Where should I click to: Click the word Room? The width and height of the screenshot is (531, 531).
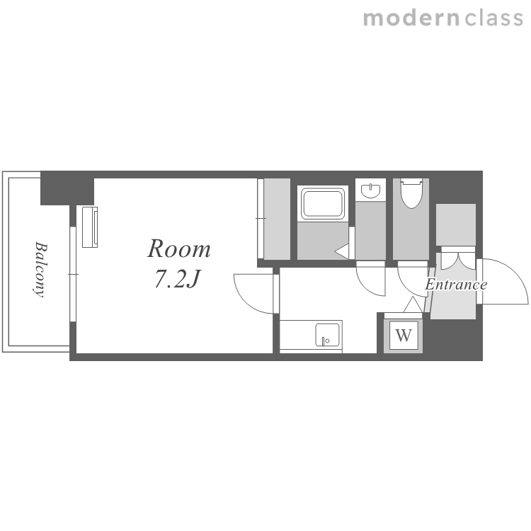point(179,249)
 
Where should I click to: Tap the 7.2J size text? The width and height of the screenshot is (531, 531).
point(177,279)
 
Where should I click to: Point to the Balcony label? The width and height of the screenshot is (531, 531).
point(40,269)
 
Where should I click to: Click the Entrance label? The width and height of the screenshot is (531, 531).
point(456,284)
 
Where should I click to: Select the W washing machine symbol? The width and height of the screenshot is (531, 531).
point(404,336)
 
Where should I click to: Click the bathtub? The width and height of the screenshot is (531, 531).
point(323,203)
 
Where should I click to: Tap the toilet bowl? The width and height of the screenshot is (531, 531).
point(411,193)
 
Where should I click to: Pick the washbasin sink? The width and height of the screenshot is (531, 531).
point(370,190)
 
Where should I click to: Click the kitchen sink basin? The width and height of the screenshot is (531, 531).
point(327,335)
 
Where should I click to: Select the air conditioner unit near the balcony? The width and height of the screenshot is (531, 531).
point(90,227)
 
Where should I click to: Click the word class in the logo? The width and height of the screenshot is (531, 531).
point(493,18)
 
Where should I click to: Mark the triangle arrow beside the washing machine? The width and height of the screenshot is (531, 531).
point(413,304)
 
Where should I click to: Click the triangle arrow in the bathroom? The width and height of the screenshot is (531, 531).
point(342,251)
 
